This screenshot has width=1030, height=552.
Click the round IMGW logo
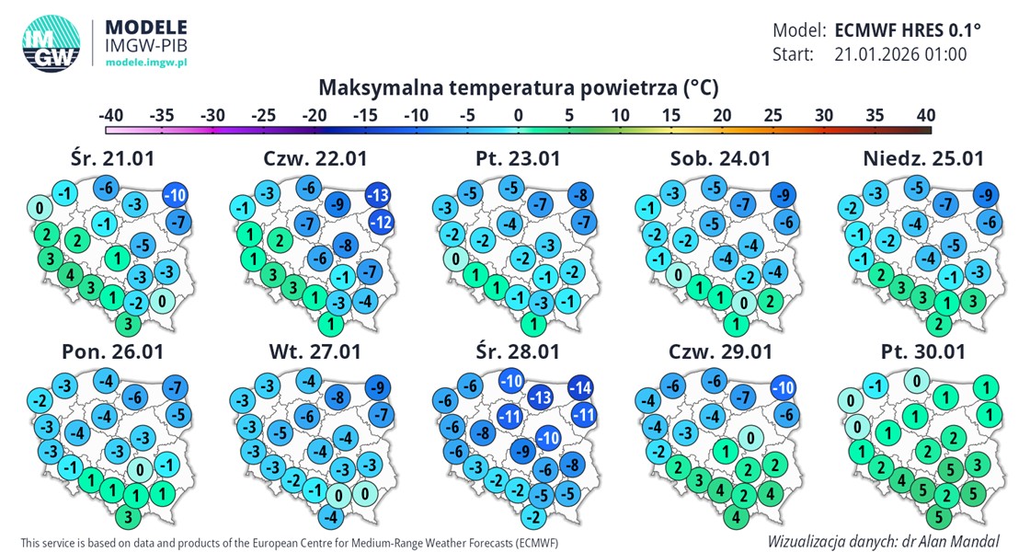click(x=51, y=43)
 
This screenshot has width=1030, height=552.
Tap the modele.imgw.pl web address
click(x=146, y=61)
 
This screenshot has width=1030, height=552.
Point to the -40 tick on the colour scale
click(x=111, y=115)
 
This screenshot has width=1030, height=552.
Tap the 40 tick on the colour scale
click(x=924, y=115)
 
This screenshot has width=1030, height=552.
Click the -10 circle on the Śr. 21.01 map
click(x=176, y=195)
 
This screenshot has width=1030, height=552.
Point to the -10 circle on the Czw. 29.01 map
click(x=784, y=387)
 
